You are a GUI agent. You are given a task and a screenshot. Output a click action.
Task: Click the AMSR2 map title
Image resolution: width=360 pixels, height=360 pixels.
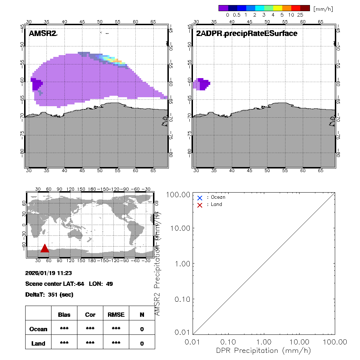pyautogui.click(x=43, y=34)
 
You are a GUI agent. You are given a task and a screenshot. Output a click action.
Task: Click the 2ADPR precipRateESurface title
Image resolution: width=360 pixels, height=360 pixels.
pyautogui.click(x=247, y=34)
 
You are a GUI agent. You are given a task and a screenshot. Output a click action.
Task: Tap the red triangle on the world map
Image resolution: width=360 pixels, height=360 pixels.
pyautogui.click(x=45, y=248)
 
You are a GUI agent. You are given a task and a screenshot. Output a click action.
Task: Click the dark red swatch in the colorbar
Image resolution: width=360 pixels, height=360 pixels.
pyautogui.click(x=305, y=8)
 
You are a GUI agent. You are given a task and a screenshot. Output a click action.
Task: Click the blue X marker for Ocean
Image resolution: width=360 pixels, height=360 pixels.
pyautogui.click(x=200, y=198)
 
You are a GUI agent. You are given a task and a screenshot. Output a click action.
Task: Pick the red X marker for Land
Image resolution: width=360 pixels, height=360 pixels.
pyautogui.click(x=200, y=205)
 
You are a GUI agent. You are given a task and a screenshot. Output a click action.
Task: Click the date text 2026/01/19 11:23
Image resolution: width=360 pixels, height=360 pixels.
pyautogui.click(x=49, y=273)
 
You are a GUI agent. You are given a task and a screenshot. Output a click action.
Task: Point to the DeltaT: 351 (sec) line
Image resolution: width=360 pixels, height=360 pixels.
pyautogui.click(x=49, y=295)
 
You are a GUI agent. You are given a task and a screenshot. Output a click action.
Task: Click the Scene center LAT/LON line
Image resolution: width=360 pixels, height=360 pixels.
pyautogui.click(x=69, y=284)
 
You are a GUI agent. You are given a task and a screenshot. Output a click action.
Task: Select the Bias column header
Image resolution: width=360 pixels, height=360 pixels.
pyautogui.click(x=64, y=315)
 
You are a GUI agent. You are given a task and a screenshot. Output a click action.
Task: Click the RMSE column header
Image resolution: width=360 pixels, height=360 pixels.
pyautogui.click(x=116, y=315)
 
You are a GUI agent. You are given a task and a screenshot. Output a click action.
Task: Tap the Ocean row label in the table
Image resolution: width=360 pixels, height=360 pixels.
pyautogui.click(x=39, y=329)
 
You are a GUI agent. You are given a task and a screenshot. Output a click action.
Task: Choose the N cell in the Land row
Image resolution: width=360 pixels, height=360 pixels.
pyautogui.click(x=142, y=343)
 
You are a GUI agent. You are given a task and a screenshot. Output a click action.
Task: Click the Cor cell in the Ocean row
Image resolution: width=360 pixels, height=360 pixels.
pyautogui.click(x=90, y=329)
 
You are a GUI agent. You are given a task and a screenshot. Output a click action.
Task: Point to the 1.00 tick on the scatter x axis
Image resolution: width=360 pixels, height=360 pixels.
pyautogui.click(x=264, y=342)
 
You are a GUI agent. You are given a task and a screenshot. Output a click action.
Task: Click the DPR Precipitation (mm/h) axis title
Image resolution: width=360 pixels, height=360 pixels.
pyautogui.click(x=264, y=350)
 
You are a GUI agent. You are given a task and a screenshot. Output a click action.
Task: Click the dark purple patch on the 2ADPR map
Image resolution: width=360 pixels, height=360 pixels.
pyautogui.click(x=204, y=84)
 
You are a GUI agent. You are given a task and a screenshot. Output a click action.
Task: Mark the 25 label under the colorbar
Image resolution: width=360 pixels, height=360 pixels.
pyautogui.click(x=300, y=15)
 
